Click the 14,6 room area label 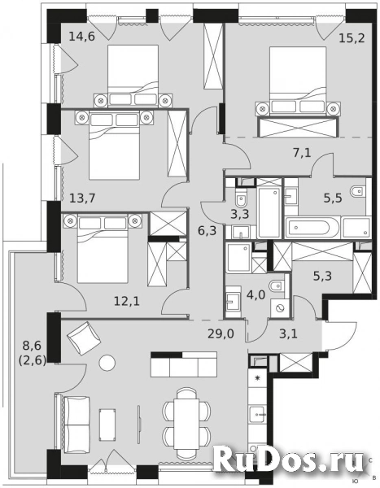(x=83, y=35)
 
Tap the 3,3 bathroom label (x=241, y=215)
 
